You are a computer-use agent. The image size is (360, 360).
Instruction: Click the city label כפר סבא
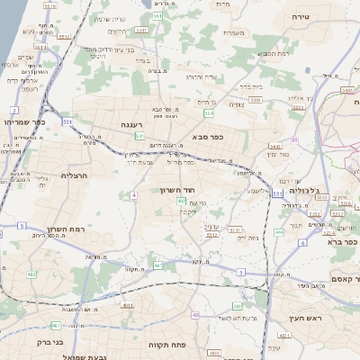(x=206, y=137)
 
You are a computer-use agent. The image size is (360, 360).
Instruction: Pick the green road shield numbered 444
(x=278, y=232)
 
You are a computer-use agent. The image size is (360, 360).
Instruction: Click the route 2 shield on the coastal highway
(x=14, y=110)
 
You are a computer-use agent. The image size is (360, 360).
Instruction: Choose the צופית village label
(x=237, y=103)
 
